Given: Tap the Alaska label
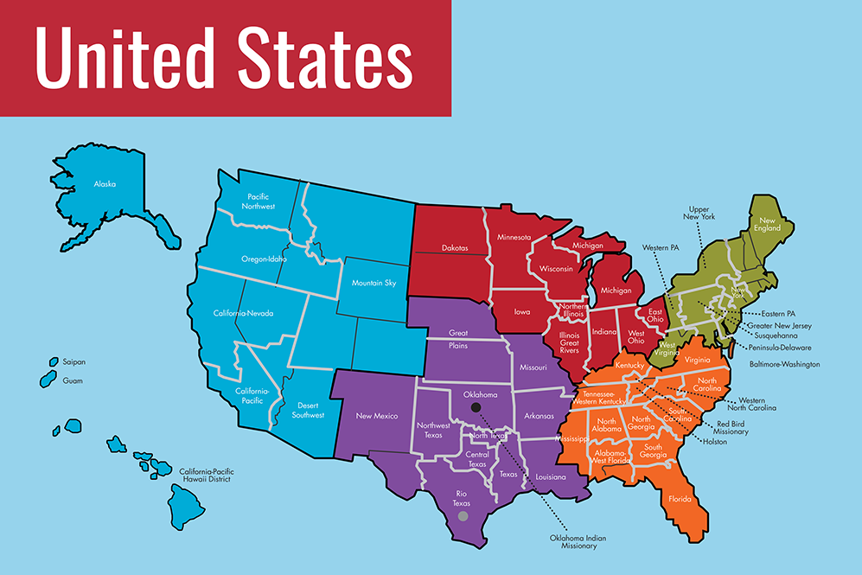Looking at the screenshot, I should (105, 184).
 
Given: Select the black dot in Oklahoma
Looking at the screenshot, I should (474, 407).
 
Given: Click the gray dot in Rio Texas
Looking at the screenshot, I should (463, 516).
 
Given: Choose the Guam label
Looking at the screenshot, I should (73, 380).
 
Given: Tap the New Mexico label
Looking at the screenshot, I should (377, 416).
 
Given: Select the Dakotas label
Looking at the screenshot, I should (450, 248).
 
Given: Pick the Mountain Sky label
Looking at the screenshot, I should (374, 283).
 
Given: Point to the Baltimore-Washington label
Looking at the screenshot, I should (784, 364).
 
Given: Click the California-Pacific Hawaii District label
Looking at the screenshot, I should (207, 475).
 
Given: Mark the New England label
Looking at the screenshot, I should (769, 224).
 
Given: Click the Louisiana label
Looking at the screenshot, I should (550, 476).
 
